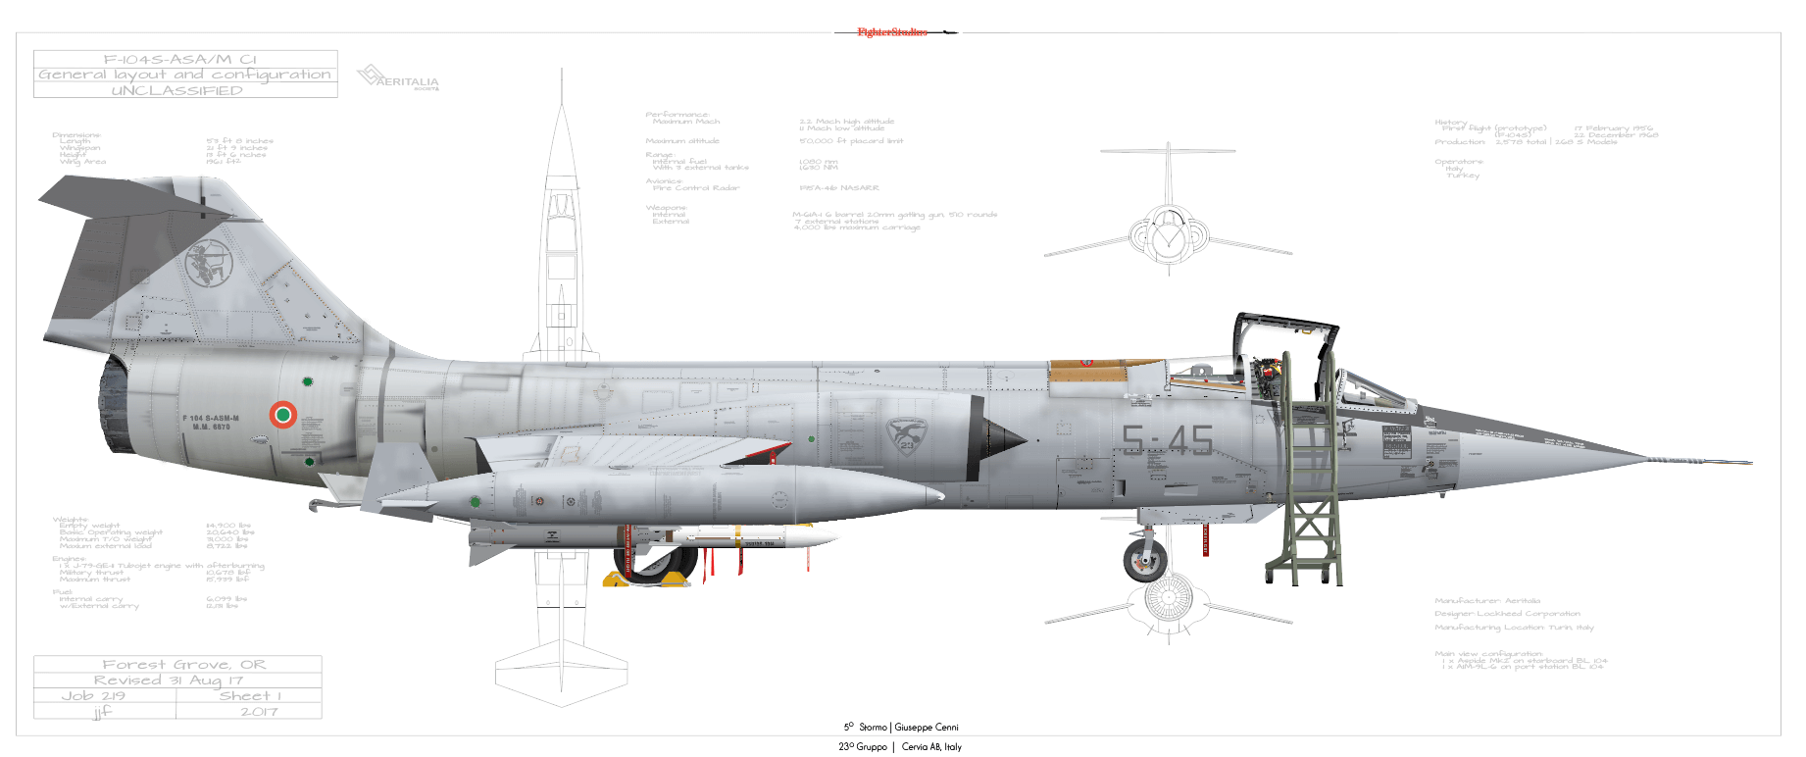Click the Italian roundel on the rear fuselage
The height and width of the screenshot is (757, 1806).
[282, 415]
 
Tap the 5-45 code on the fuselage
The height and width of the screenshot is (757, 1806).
[1167, 440]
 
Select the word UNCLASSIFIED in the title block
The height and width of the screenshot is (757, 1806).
[177, 90]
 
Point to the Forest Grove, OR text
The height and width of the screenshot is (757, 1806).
[184, 665]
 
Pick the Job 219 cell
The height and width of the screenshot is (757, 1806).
[93, 696]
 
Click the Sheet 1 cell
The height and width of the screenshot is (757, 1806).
[250, 696]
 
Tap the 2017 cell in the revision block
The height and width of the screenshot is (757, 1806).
[259, 712]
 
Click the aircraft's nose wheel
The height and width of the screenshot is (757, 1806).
[1144, 559]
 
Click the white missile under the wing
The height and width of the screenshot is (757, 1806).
[755, 537]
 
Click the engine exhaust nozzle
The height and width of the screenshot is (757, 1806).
[115, 405]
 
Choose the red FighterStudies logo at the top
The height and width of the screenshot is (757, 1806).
[892, 32]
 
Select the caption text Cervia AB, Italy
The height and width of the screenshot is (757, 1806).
[931, 747]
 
